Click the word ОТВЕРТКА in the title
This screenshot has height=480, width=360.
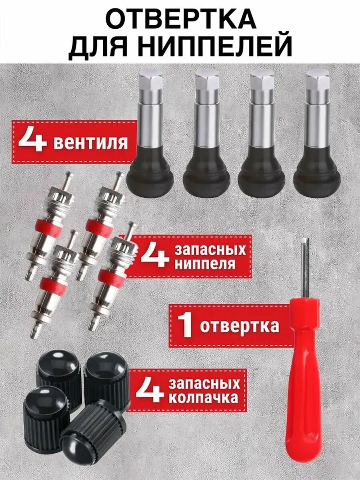(180, 19)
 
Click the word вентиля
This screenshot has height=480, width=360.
(90, 142)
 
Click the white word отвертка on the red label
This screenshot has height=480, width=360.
(239, 326)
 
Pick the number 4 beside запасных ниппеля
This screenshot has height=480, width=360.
(154, 256)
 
